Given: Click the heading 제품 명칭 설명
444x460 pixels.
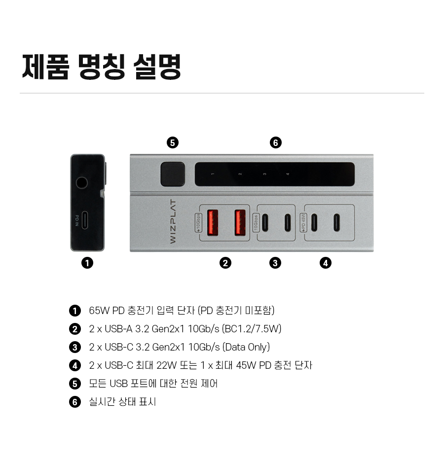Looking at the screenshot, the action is pos(102,67).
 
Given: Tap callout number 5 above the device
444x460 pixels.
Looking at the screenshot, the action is pos(172,143).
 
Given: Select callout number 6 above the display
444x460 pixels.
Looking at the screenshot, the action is pos(275,143).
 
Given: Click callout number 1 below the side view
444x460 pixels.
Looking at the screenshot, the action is pos(87,263).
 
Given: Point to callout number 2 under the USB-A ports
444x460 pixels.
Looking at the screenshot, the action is pos(225,263).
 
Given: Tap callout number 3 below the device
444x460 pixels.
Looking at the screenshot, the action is pos(275,263).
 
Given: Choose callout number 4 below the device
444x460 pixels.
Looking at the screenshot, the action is pos(325,263).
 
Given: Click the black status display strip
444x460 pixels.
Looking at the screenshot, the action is pos(274,174).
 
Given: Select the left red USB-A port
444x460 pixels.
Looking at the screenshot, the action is pos(213,223).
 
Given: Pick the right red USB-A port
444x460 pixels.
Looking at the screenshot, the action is pos(240,223).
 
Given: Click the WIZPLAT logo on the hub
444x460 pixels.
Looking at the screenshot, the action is pos(173,222).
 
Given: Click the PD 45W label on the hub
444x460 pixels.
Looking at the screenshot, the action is pos(303,222).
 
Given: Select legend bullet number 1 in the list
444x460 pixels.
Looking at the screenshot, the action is pos(75,311).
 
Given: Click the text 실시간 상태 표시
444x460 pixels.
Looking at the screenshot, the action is pos(122,402).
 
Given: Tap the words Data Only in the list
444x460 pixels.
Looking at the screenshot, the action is pos(246,347).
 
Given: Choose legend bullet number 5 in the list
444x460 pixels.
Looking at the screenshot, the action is pos(75,384).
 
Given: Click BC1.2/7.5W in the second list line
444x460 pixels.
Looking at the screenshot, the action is pos(252,329).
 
